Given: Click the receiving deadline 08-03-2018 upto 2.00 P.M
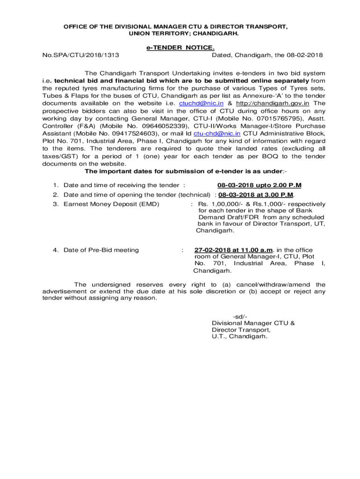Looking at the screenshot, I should pyautogui.click(x=259, y=185).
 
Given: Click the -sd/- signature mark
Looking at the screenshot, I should pyautogui.click(x=240, y=317).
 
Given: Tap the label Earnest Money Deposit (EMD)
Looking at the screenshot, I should pyautogui.click(x=111, y=204).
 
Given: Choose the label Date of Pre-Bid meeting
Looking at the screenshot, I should pyautogui.click(x=101, y=250).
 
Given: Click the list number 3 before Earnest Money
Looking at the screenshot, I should pyautogui.click(x=55, y=204).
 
